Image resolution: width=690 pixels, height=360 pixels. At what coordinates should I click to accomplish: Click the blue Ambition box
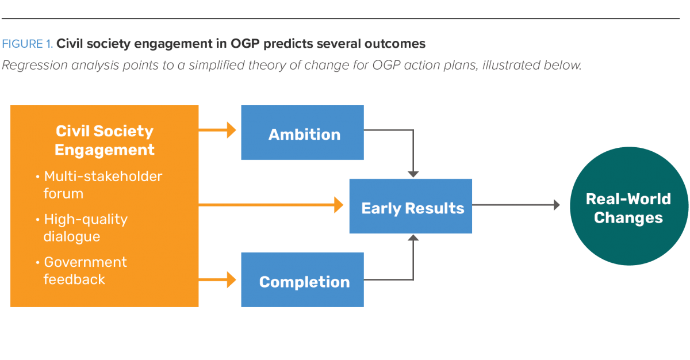tap(302, 133)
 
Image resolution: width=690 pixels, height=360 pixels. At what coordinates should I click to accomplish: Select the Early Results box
tap(411, 206)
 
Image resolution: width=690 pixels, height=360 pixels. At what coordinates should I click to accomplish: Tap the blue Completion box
tap(302, 279)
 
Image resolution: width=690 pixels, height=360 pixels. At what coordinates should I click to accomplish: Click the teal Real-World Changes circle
tap(628, 208)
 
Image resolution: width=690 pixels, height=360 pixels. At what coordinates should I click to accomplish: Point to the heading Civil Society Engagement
tap(105, 140)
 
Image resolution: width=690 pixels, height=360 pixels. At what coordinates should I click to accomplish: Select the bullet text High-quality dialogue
tap(86, 228)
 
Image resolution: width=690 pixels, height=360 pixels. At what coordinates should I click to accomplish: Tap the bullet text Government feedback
tap(85, 270)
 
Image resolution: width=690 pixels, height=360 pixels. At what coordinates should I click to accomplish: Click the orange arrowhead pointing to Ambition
tap(231, 131)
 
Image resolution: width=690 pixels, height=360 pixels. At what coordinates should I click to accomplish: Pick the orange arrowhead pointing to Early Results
tap(339, 205)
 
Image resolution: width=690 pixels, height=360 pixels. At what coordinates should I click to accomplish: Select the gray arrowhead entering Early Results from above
tap(412, 174)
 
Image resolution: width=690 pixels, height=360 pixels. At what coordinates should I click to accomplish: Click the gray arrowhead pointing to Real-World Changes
tap(556, 205)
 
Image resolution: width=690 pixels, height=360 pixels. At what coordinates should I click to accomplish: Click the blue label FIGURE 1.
tap(27, 44)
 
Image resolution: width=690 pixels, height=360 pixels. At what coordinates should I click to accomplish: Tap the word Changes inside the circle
tap(628, 218)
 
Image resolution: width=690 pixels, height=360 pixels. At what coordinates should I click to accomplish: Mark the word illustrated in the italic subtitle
tap(508, 65)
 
